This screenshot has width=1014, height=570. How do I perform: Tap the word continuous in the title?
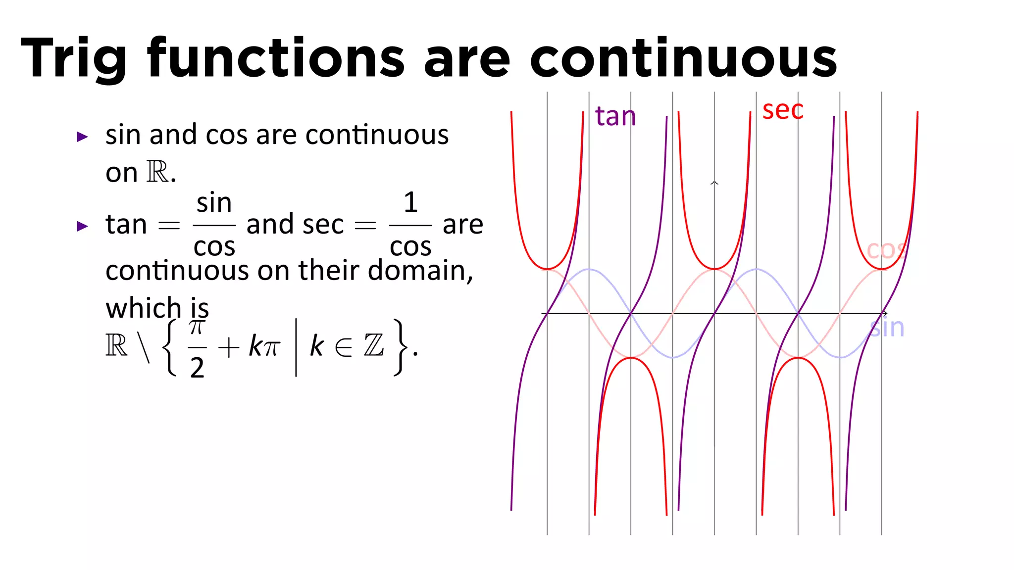[683, 58]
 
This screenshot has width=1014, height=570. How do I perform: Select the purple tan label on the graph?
[615, 117]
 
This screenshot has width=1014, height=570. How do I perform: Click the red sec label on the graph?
[782, 110]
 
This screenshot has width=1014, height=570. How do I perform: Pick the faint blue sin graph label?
[887, 328]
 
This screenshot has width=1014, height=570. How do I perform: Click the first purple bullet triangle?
[82, 137]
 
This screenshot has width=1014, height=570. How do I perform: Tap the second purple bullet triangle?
[82, 227]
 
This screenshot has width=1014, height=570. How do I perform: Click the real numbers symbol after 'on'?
[157, 172]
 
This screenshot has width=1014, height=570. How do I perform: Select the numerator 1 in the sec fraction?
[410, 202]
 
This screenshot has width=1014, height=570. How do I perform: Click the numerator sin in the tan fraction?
[214, 203]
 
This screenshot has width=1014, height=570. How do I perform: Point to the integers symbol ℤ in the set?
[374, 345]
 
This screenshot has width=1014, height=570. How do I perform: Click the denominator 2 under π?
[197, 368]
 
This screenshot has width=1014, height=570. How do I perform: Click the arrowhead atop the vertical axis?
[714, 184]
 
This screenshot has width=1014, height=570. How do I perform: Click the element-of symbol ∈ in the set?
[344, 347]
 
